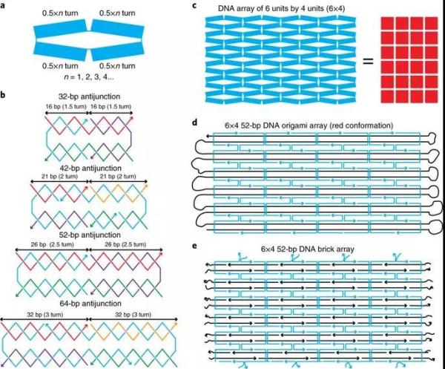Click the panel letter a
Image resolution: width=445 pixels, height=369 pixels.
click(5, 6)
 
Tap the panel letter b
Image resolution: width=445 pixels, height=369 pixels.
click(5, 95)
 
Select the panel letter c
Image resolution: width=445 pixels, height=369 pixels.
click(194, 6)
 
